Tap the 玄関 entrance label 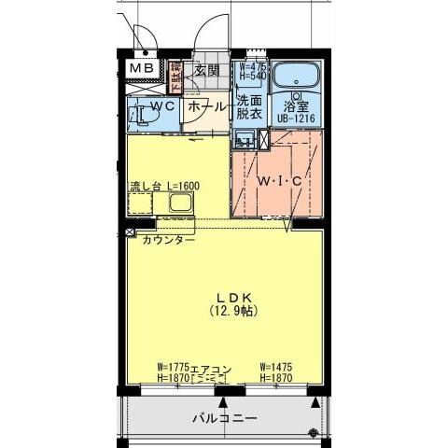[208, 70]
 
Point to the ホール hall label [205, 107]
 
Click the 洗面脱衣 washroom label [248, 107]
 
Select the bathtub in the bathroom [299, 74]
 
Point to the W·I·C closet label [279, 181]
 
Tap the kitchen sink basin [177, 203]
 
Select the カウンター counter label [169, 240]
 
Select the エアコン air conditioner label [211, 368]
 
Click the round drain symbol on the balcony [312, 430]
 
